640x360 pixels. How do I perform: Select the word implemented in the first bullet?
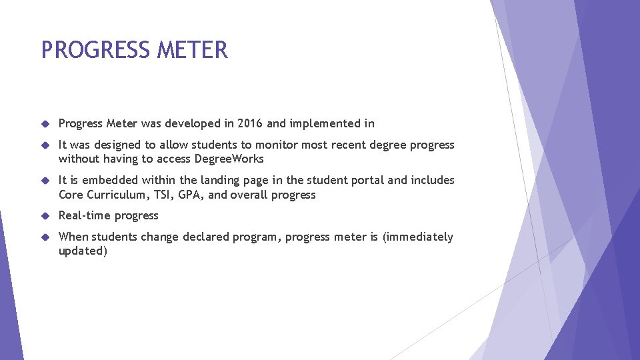pyautogui.click(x=324, y=123)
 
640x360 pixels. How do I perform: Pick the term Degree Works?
pyautogui.click(x=229, y=159)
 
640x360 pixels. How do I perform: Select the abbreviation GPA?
pyautogui.click(x=192, y=195)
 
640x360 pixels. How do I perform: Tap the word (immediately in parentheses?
pyautogui.click(x=417, y=237)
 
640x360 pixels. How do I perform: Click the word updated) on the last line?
pyautogui.click(x=83, y=251)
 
